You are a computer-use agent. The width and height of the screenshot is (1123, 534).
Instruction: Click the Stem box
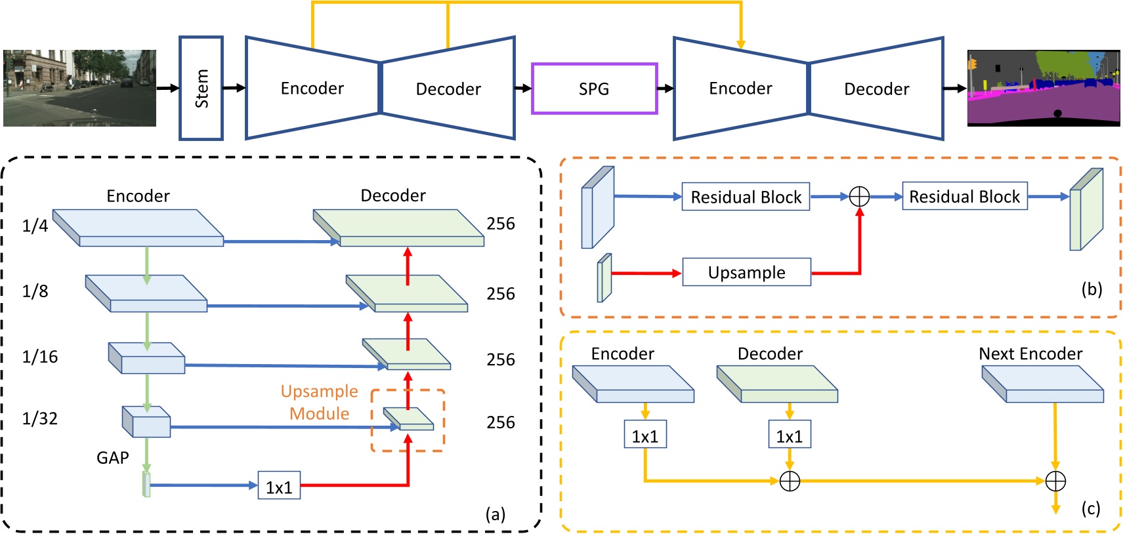coord(201,88)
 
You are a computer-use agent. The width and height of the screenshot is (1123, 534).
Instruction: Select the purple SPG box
coord(594,89)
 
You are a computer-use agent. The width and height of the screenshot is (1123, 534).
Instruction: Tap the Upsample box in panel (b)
coord(746,272)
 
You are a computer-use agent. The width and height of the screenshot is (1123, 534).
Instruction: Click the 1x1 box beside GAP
coord(279,486)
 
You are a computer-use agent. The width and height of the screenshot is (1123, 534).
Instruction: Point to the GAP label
coord(113,458)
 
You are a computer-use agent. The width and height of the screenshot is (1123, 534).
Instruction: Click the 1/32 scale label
coord(40,419)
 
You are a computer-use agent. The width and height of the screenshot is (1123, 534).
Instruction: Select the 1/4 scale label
coord(35,226)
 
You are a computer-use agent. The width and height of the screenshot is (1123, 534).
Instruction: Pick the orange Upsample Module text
coord(320,402)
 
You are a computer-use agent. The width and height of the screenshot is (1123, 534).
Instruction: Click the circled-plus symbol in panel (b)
coord(859,196)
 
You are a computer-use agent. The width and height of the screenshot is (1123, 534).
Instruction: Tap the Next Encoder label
coord(1030,354)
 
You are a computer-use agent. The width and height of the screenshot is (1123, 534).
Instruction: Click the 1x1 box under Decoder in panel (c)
coord(790,436)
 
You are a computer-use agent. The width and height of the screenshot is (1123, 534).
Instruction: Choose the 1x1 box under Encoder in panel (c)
coord(645,436)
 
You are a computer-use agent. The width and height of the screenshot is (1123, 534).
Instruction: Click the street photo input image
coord(79,88)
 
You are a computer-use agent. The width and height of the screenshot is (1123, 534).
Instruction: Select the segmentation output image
coord(1044,88)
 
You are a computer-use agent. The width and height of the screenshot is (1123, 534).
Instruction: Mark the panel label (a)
coord(496,514)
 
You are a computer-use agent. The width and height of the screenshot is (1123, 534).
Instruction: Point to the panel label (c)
coord(1091,508)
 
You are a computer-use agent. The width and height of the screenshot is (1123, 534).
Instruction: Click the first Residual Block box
coord(746,197)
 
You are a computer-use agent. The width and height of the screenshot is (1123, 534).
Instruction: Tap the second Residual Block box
coord(964,196)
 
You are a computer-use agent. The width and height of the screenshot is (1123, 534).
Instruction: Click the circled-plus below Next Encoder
coord(1055,482)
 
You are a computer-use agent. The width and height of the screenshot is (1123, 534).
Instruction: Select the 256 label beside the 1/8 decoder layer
coord(501,294)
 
